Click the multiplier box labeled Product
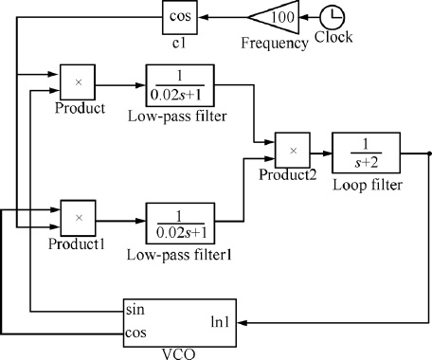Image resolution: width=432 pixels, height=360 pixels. click(x=79, y=81)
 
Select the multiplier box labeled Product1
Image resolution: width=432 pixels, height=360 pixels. click(x=79, y=218)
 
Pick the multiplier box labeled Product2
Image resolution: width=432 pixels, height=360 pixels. click(x=293, y=150)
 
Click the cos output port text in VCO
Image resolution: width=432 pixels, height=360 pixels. click(x=136, y=332)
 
